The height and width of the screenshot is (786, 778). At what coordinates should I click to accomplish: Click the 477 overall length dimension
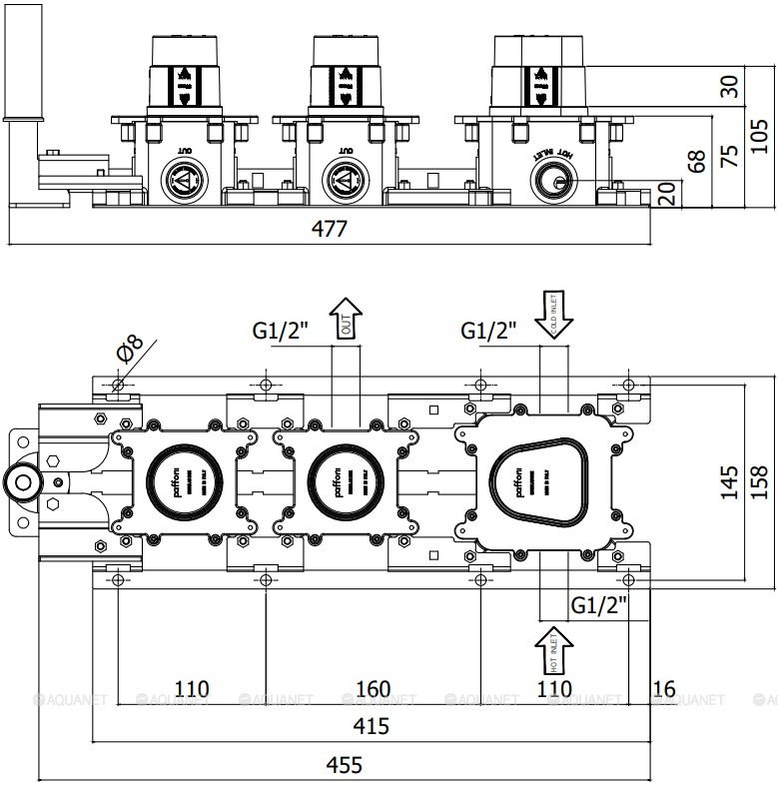(329, 229)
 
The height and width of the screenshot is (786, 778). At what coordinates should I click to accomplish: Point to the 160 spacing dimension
(372, 689)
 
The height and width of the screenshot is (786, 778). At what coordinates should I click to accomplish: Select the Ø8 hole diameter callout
(131, 350)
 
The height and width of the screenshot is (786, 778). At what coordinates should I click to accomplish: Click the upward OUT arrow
(346, 320)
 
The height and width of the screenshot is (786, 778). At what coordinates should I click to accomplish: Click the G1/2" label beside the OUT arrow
(281, 330)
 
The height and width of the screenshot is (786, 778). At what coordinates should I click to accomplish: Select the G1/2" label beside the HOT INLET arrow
(599, 603)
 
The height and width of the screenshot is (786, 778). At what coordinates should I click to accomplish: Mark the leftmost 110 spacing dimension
(192, 689)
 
